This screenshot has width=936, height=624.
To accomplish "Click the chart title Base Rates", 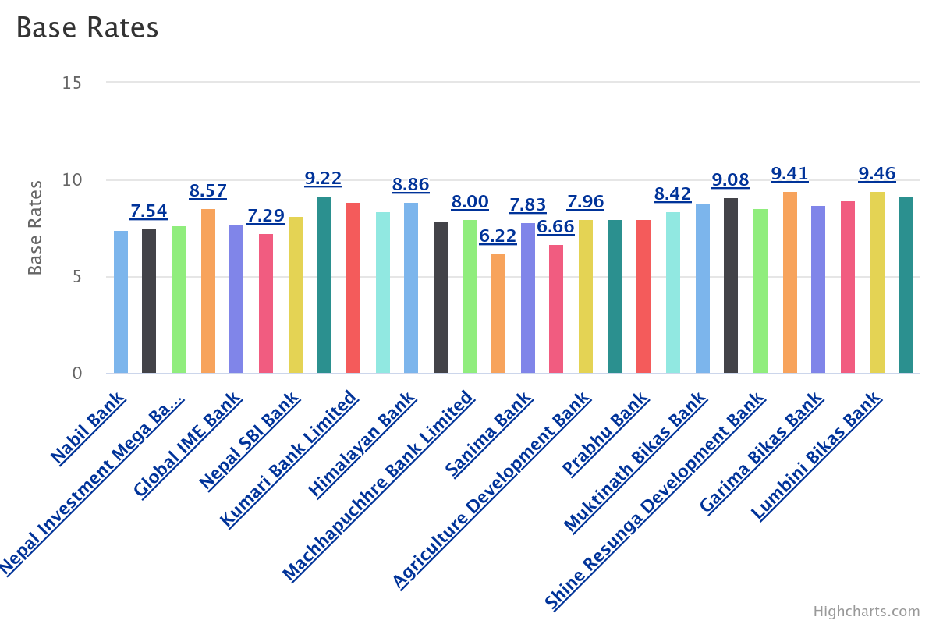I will [x=87, y=28].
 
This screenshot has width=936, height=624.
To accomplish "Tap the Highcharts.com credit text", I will [x=866, y=612].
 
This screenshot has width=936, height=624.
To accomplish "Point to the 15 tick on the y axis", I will [x=72, y=82].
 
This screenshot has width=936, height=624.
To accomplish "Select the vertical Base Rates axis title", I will [x=35, y=227].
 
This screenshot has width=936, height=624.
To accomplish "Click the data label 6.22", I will [x=498, y=236].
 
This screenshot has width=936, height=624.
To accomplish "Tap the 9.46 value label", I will [x=877, y=174].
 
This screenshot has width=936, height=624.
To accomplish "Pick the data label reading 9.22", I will [x=323, y=179].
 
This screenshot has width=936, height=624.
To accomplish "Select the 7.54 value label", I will [x=148, y=211].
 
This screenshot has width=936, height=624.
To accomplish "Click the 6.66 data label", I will [x=555, y=227].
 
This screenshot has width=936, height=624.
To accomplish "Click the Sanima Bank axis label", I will [x=490, y=434].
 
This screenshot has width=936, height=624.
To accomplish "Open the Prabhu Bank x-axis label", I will [x=606, y=434].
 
